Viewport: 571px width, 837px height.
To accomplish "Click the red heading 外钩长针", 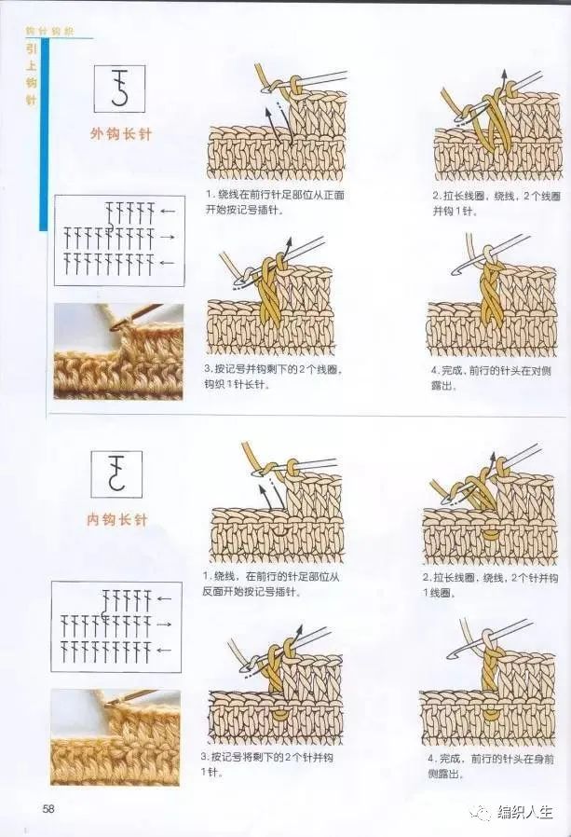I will [x=120, y=133].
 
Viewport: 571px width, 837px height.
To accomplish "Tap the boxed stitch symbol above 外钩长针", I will [x=120, y=89].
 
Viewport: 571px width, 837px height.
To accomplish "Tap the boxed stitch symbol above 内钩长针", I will [x=116, y=473].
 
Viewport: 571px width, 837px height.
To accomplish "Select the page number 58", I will [x=48, y=807].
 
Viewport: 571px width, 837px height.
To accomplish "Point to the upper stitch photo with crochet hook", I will [x=117, y=351].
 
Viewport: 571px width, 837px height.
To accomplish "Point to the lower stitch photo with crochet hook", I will [x=116, y=736].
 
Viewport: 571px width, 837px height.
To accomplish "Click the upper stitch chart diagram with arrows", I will [x=117, y=240].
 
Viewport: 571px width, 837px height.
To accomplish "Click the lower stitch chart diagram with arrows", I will [x=116, y=624].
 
